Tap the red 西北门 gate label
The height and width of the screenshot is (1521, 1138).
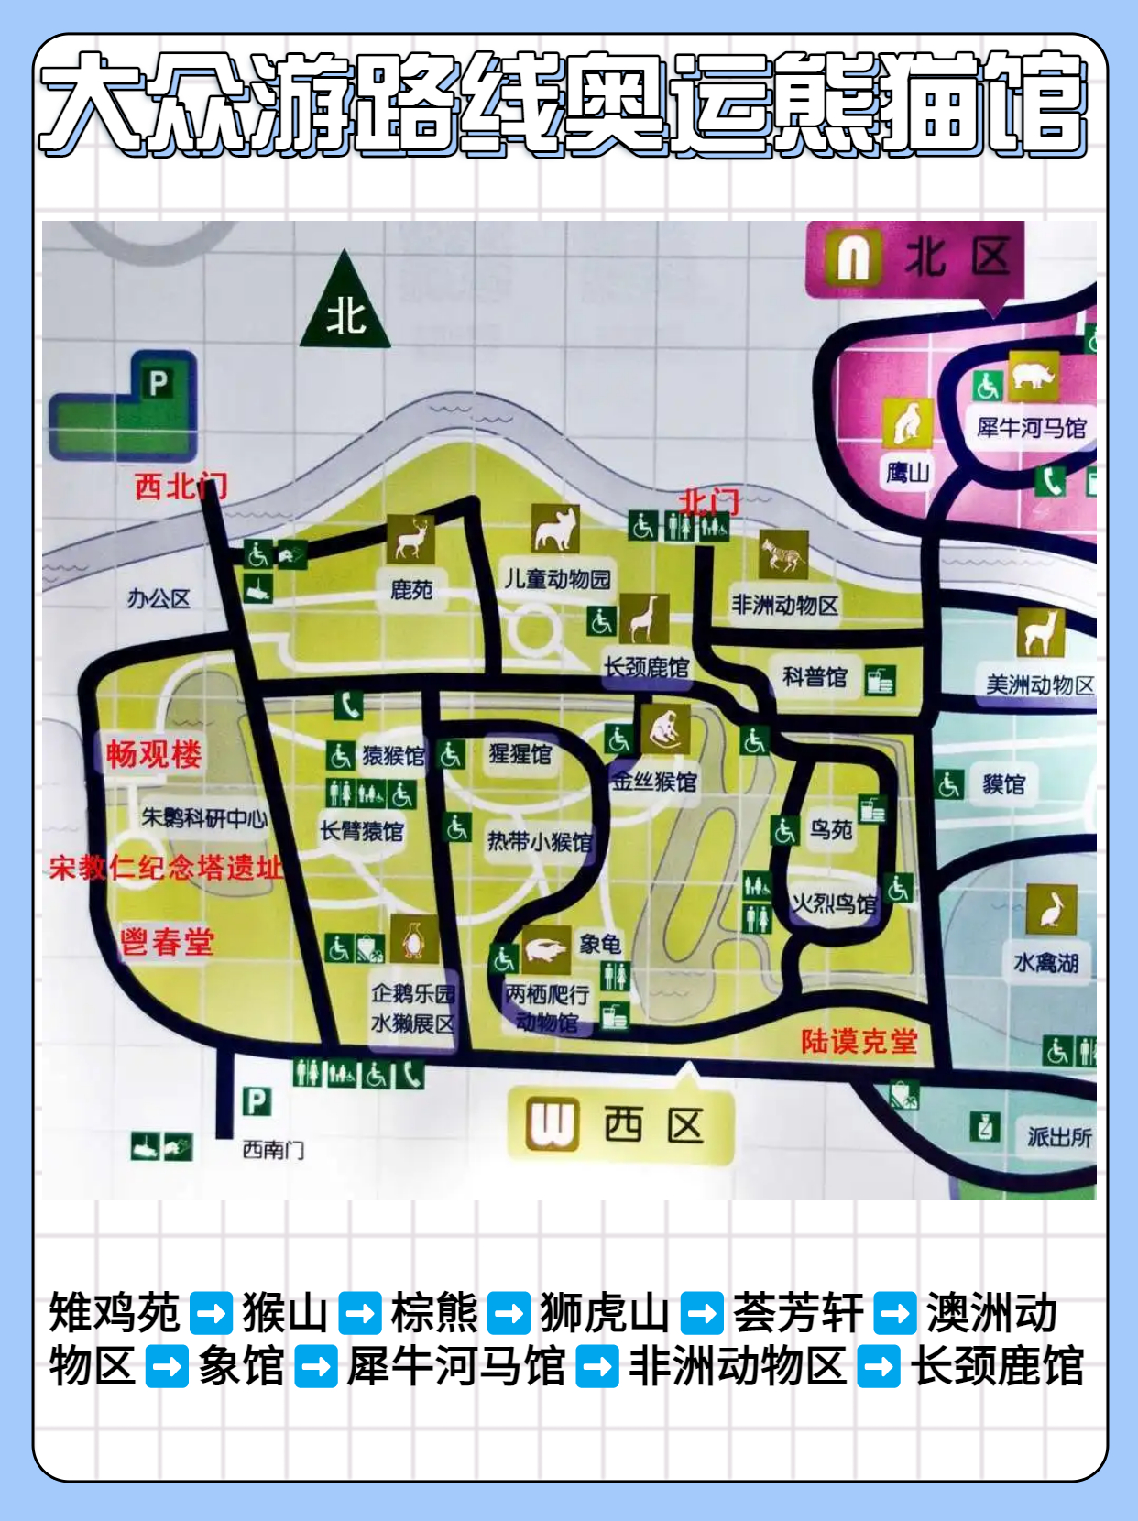point(181,486)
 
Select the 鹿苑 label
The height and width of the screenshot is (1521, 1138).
point(410,590)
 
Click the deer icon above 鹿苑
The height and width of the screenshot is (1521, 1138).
point(410,538)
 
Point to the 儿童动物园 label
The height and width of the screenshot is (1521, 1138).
point(556,579)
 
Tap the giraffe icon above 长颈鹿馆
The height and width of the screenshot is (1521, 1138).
point(644,618)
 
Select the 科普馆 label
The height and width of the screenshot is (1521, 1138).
point(815,677)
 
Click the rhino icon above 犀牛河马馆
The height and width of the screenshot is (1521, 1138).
point(1034,376)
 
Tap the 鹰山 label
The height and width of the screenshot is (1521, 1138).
point(907,472)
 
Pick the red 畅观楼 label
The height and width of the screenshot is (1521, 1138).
point(154,754)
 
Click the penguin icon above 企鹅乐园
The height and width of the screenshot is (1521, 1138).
point(414,940)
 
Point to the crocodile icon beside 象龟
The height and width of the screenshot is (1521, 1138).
point(545,950)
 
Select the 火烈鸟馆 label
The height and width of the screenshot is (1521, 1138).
point(834,904)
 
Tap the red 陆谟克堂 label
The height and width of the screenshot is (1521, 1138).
point(859,1041)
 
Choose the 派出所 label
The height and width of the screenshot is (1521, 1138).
point(1059,1137)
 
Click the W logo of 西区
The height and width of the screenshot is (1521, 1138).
point(553,1124)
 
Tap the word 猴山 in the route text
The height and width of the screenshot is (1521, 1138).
point(285,1313)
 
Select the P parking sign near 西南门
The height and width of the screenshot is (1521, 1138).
point(257,1100)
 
